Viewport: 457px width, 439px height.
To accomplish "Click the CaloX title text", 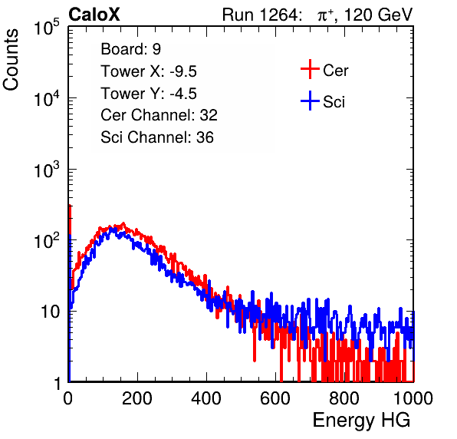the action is (94, 15).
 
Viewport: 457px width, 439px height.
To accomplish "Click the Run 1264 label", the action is (261, 15).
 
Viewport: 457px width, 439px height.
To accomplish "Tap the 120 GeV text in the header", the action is (378, 15).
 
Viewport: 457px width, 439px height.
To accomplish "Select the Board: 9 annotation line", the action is (130, 49).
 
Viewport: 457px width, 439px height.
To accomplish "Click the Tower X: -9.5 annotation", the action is (149, 71).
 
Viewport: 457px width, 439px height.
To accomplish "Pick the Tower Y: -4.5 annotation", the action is (149, 94).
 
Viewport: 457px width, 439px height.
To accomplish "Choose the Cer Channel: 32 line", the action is (159, 115).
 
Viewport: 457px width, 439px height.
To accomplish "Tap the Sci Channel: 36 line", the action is (157, 137).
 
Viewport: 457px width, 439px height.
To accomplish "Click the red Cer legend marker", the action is (310, 69).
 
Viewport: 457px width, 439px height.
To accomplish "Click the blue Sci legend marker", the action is (310, 101).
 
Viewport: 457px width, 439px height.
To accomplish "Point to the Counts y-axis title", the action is (11, 60).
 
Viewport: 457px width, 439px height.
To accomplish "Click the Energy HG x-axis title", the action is (361, 421).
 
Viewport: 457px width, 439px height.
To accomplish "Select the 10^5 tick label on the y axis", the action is (47, 28).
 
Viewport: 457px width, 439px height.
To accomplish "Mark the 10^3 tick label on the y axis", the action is (47, 170).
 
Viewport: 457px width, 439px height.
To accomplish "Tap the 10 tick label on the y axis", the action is (50, 312).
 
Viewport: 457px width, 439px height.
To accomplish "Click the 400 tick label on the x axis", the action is (206, 398).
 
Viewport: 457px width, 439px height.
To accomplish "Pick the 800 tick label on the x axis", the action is (344, 398).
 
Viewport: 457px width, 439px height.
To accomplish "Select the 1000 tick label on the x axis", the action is (413, 398).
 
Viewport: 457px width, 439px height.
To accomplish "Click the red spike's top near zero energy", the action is (70, 206).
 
